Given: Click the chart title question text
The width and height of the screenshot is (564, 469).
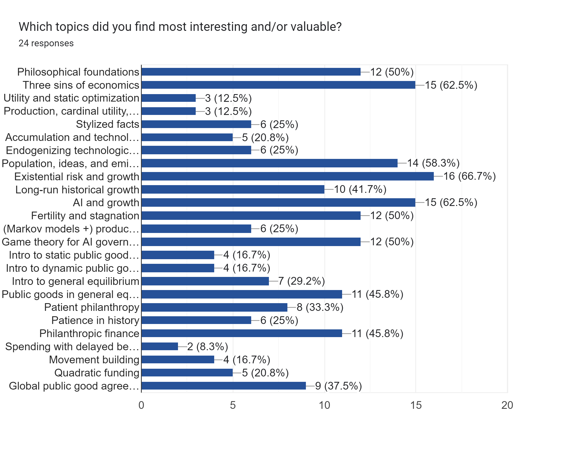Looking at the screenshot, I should [x=180, y=27].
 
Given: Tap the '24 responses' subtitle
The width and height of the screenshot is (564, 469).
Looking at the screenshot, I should [x=46, y=43].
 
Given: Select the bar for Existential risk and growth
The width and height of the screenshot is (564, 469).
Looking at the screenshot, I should [x=287, y=176].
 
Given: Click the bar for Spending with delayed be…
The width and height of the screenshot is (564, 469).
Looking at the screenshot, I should [x=159, y=346].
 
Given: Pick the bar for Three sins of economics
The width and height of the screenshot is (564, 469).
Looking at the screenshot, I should [x=278, y=85].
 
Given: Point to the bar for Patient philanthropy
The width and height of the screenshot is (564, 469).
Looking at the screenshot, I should [x=214, y=307].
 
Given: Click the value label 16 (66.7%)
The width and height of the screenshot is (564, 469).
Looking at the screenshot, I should [x=469, y=176].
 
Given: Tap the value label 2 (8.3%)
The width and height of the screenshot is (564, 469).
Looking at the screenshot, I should [x=207, y=347].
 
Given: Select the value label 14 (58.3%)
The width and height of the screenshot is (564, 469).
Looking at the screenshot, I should [x=433, y=163].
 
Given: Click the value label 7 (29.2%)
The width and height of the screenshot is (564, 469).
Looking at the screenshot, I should [x=301, y=281].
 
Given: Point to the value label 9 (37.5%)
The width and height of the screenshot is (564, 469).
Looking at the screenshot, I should [x=339, y=386].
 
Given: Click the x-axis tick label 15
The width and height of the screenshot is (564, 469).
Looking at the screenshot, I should [x=416, y=405].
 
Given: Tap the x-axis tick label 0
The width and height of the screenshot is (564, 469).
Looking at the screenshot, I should [x=141, y=405].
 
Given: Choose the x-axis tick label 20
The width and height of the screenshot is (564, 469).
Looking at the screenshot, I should [x=507, y=405].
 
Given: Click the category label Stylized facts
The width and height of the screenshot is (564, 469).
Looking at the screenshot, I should [x=107, y=124].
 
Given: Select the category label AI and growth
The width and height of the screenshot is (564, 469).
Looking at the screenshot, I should [x=106, y=203].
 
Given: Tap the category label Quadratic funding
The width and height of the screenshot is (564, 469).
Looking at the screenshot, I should [x=97, y=373].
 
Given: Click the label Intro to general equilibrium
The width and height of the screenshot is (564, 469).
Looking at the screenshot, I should [x=76, y=281].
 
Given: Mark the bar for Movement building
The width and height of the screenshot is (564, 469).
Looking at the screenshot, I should [x=178, y=359].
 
